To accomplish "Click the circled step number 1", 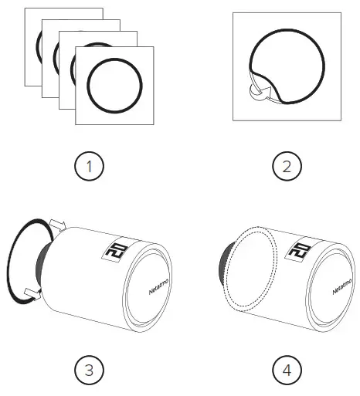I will tap(90, 165).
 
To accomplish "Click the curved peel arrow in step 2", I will tap(256, 94).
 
